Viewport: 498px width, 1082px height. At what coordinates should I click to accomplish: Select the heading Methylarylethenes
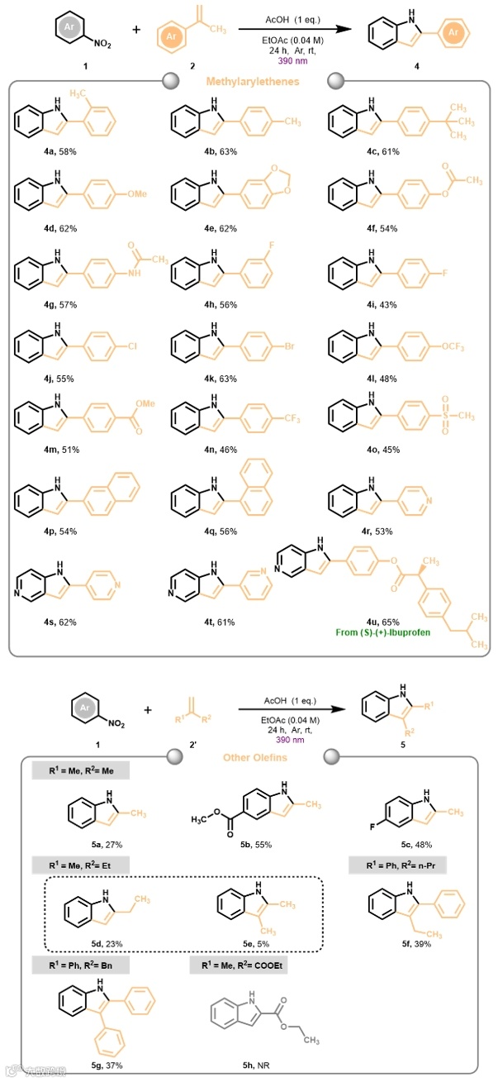point(249,81)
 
